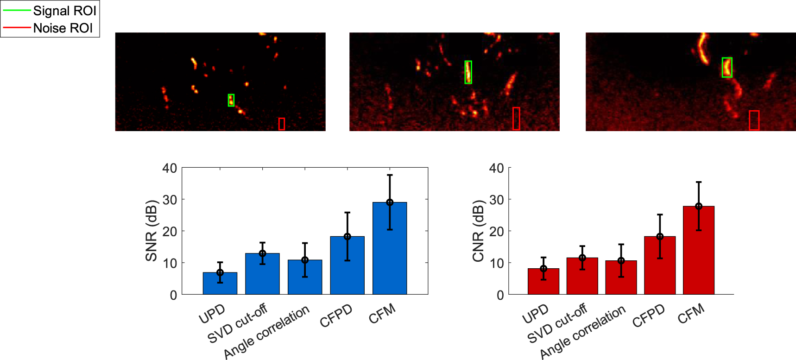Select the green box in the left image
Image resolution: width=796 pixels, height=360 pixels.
click(x=231, y=100)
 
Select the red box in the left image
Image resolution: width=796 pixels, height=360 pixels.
click(x=282, y=124)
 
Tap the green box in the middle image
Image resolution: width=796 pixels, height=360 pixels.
click(x=468, y=72)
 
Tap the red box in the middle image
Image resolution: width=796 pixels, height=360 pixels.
click(x=516, y=119)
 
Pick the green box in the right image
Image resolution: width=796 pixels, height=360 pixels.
click(x=727, y=68)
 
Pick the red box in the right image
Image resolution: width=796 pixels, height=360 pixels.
click(x=754, y=120)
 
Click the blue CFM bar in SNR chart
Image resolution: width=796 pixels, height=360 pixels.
click(x=390, y=250)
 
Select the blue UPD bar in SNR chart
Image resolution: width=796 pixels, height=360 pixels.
click(x=220, y=284)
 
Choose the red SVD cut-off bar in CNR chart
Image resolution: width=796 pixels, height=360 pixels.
click(x=582, y=276)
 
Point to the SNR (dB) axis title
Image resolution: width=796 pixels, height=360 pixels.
click(x=152, y=231)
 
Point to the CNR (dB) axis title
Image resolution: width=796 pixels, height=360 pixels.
click(x=478, y=231)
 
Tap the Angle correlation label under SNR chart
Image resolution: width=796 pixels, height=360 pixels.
click(x=266, y=332)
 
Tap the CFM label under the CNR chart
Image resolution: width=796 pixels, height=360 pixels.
click(x=691, y=314)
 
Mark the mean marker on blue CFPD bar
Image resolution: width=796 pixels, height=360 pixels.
click(x=347, y=237)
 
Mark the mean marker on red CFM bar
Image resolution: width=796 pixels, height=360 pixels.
click(x=699, y=206)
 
